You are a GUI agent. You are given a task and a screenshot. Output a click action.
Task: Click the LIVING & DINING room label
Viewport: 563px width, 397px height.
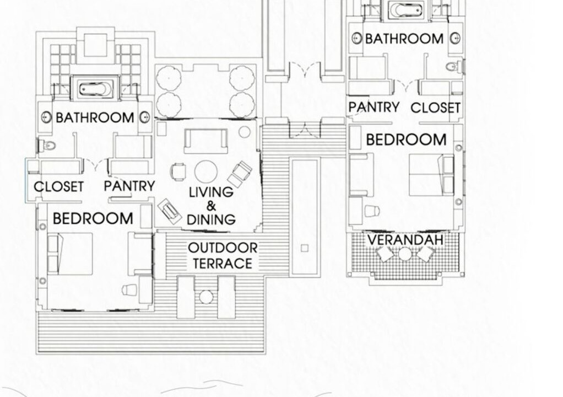[212, 206]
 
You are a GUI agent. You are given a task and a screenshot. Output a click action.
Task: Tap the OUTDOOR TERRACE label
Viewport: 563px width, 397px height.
[223, 255]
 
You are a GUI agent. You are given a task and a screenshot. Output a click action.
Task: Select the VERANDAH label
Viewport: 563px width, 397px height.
[405, 240]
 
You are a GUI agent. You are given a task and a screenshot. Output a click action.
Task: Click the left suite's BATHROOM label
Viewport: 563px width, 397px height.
[95, 117]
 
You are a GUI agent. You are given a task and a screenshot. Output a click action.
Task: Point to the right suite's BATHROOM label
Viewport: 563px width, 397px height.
[404, 39]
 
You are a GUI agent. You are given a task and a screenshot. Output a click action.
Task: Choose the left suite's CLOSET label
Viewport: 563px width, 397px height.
[59, 186]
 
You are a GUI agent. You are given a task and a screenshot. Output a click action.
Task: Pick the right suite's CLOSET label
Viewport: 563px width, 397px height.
[435, 108]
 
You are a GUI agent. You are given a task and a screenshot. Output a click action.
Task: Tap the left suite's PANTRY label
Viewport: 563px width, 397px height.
[129, 186]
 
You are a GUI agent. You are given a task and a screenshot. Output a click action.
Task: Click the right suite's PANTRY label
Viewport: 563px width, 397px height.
[374, 107]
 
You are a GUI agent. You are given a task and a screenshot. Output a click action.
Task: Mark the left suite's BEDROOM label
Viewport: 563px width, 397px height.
[93, 218]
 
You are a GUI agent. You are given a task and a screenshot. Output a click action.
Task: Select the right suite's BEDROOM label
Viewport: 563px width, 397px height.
[406, 140]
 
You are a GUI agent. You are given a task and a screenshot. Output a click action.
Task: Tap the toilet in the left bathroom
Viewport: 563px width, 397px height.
[47, 146]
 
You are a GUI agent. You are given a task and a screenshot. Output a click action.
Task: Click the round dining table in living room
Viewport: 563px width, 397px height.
[205, 171]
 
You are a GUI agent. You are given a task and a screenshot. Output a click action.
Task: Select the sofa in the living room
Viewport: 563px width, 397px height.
[205, 141]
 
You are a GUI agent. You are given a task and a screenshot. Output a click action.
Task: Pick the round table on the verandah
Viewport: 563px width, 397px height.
[405, 254]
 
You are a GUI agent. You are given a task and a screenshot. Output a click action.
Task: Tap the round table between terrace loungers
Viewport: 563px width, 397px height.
[206, 297]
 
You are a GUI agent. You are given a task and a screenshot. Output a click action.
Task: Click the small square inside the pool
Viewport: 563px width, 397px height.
[305, 248]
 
